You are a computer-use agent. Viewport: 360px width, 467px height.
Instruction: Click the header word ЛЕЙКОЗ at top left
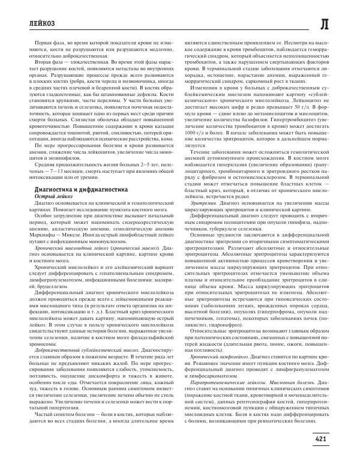pyautogui.click(x=31, y=22)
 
